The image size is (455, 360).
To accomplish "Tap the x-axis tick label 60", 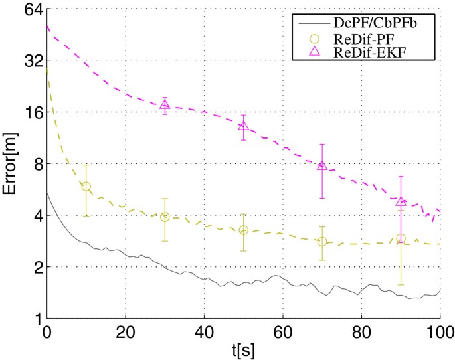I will [x=283, y=331].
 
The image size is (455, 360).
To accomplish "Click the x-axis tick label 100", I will [x=439, y=331].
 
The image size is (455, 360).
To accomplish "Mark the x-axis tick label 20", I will [x=126, y=331].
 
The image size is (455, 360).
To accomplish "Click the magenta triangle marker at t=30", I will [x=165, y=104].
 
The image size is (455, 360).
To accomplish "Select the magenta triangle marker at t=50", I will [x=244, y=126].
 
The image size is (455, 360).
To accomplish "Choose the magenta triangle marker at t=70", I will [x=322, y=165].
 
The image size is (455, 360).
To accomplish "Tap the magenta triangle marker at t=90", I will [x=401, y=201].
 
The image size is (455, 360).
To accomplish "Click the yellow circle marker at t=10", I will [x=86, y=187].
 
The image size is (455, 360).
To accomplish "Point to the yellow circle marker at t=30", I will [x=165, y=217].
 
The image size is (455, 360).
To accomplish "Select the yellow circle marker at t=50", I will [x=244, y=230].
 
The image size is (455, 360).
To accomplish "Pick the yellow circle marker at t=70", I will [x=322, y=242].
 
